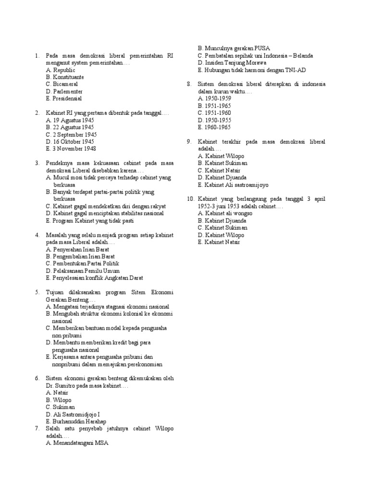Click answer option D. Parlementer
coord(64,91)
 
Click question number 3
coord(37,163)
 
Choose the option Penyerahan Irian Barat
coord(78,249)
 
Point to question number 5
coord(37,292)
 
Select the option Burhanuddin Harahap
coord(76,421)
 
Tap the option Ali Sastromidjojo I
coord(74,414)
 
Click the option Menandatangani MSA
coord(77,443)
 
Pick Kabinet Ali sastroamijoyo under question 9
coord(233,184)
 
